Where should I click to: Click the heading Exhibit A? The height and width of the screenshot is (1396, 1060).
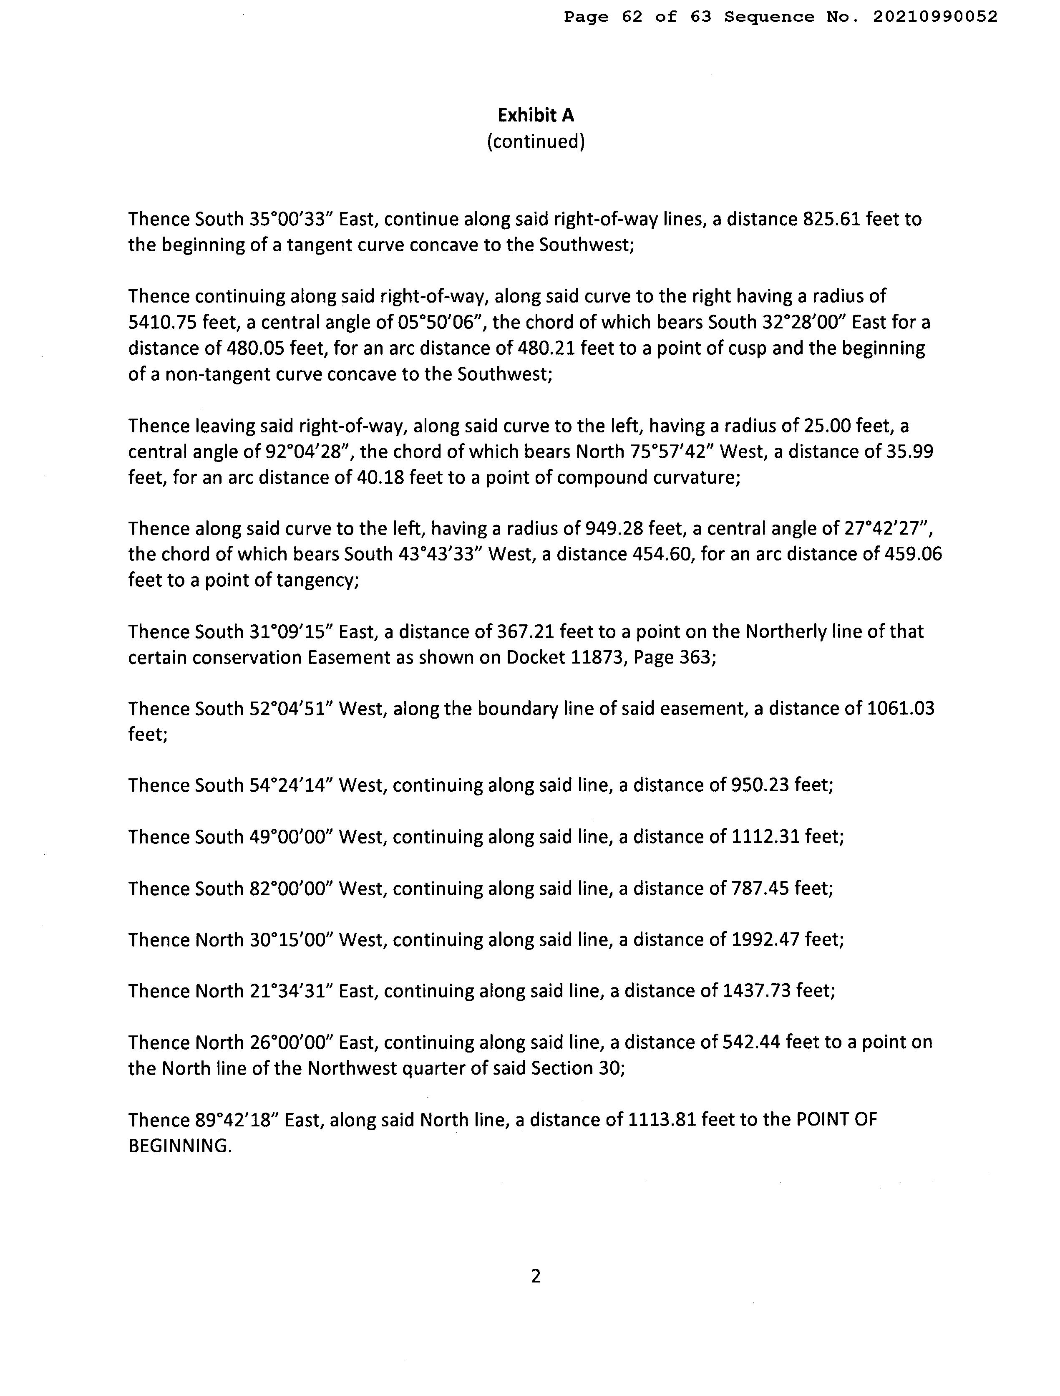536,116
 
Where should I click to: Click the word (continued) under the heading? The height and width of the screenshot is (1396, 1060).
536,141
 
